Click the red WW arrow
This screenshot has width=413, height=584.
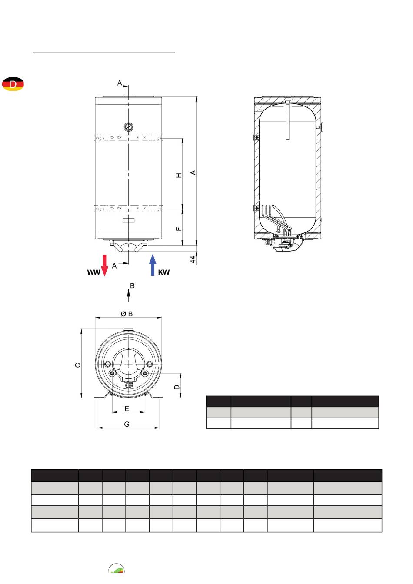tap(105, 265)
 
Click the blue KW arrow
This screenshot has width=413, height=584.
tap(153, 265)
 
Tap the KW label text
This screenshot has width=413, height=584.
tap(164, 272)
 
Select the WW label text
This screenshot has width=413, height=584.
tap(93, 272)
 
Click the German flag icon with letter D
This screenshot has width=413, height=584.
tap(13, 84)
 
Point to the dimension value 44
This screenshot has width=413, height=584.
tap(193, 259)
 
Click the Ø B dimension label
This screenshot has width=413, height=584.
tap(127, 314)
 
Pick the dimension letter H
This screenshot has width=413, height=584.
tap(179, 175)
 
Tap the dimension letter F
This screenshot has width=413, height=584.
tap(179, 229)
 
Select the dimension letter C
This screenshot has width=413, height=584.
tap(78, 365)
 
